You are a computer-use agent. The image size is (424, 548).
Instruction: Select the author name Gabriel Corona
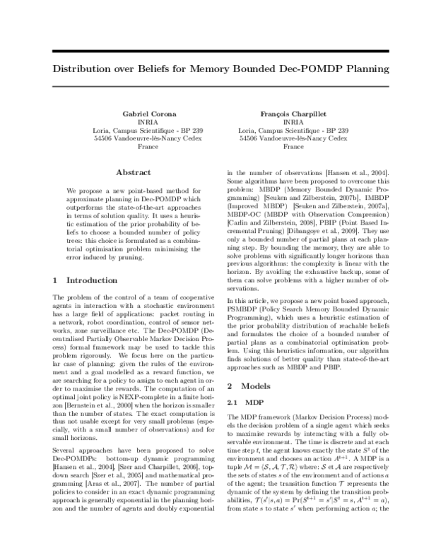point(133,114)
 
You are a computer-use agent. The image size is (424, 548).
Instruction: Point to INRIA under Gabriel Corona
point(133,122)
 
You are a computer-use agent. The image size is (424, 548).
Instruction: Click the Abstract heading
point(133,172)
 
